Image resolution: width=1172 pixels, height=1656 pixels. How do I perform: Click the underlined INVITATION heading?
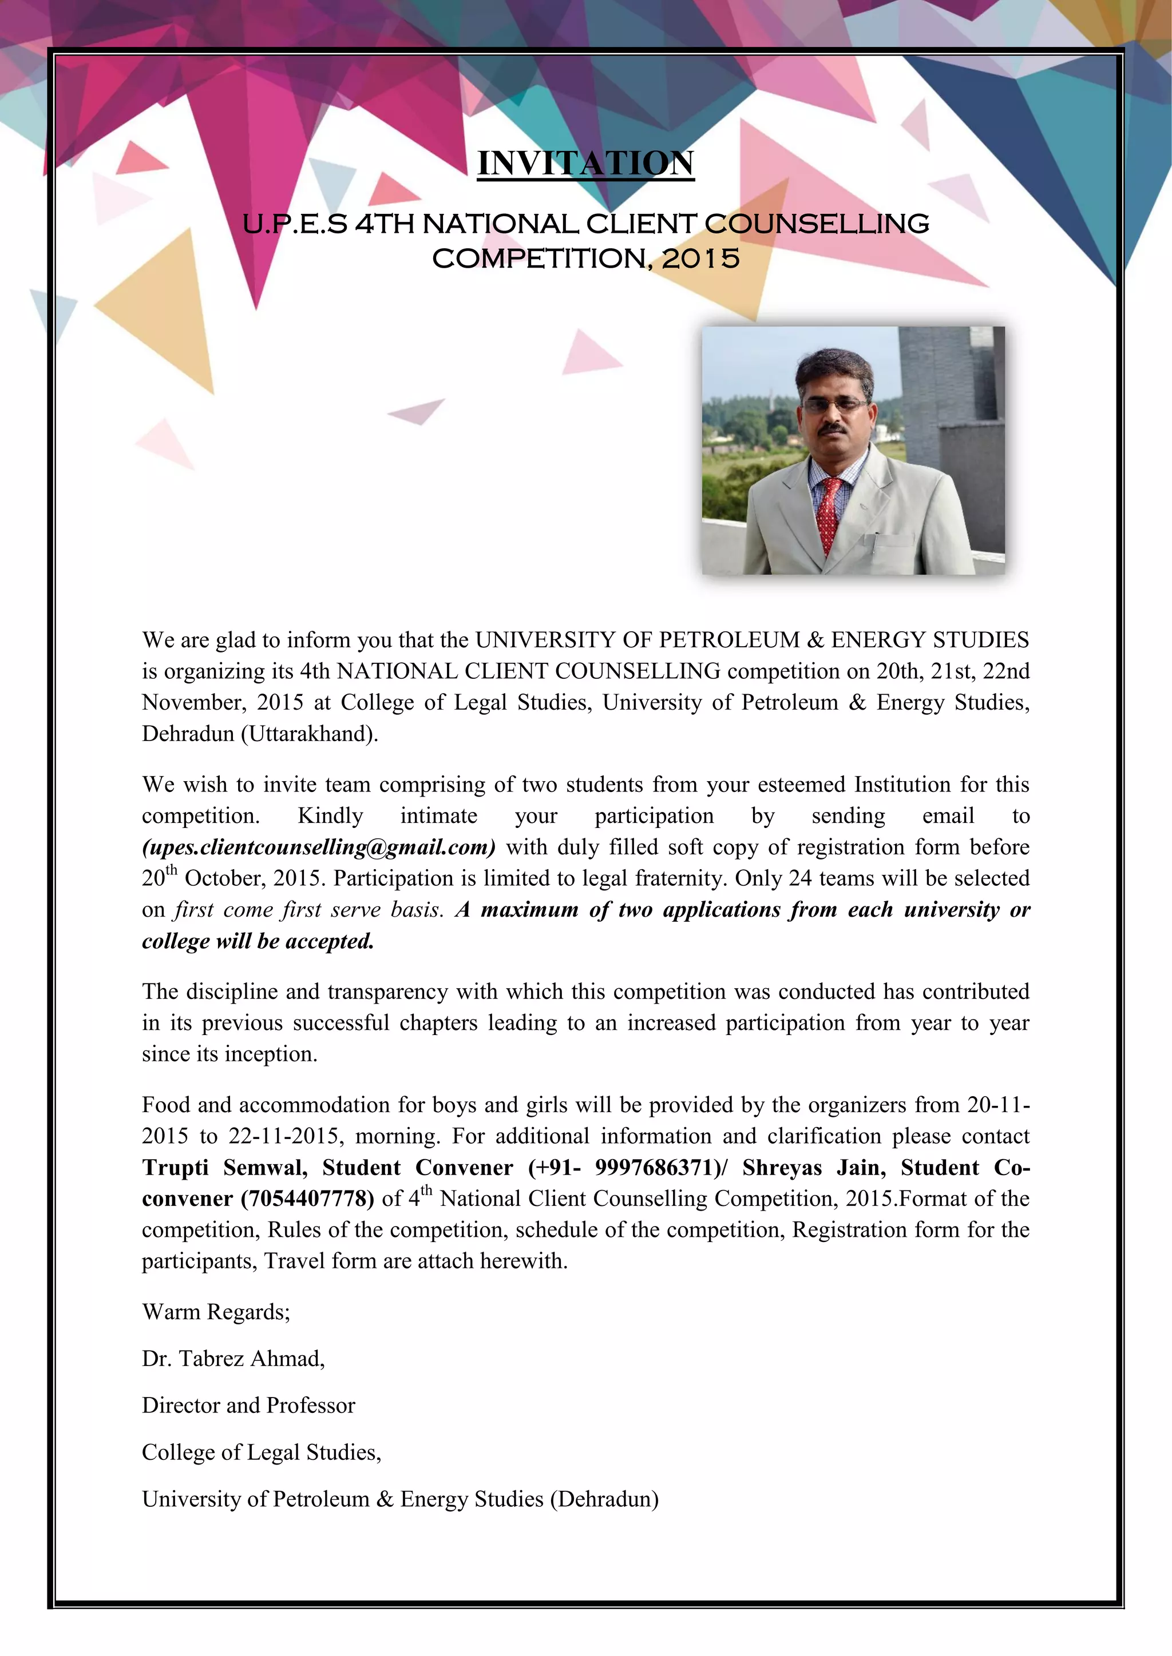click(x=585, y=164)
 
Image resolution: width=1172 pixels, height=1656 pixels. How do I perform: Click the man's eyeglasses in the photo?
click(x=836, y=405)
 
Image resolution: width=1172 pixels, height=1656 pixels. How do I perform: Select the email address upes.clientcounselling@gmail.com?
click(x=318, y=847)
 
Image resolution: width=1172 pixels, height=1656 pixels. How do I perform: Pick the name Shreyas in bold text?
click(x=782, y=1168)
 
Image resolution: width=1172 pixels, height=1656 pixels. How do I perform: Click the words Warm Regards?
click(x=216, y=1312)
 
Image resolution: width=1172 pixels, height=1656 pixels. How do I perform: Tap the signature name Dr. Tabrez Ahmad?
click(x=233, y=1359)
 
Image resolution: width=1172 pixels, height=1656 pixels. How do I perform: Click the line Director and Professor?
click(x=248, y=1406)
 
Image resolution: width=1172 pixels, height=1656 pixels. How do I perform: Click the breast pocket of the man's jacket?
click(x=893, y=541)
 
